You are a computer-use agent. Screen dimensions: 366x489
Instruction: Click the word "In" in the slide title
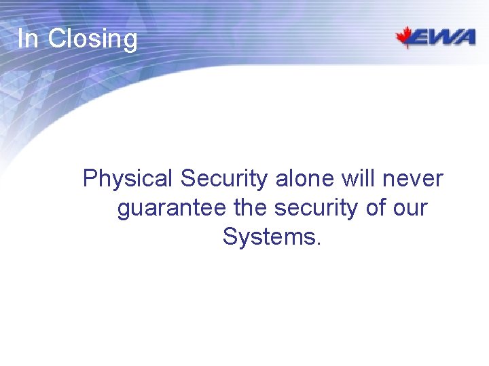pos(28,39)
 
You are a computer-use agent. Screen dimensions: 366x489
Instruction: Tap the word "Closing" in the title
pos(92,40)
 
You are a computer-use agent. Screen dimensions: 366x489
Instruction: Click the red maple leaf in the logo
pos(407,37)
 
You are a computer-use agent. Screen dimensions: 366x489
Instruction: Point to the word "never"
pos(414,180)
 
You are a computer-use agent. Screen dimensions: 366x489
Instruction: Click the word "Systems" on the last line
pos(268,237)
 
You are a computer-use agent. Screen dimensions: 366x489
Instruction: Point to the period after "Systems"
pos(316,244)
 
